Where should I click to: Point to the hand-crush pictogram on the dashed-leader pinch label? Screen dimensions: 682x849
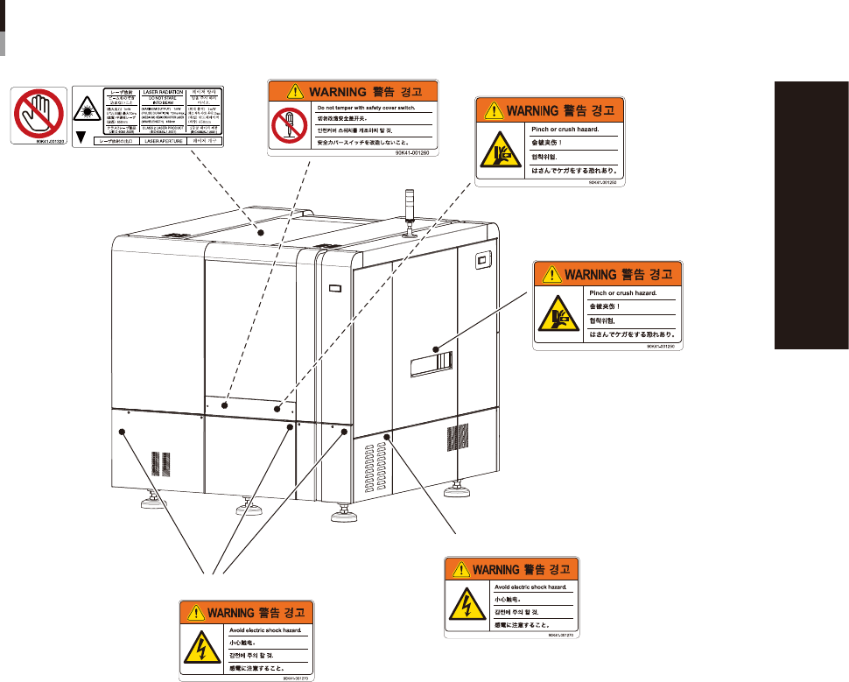[495, 151]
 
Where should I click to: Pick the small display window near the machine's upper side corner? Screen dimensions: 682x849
[481, 259]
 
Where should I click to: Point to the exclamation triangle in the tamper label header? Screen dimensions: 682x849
[282, 90]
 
